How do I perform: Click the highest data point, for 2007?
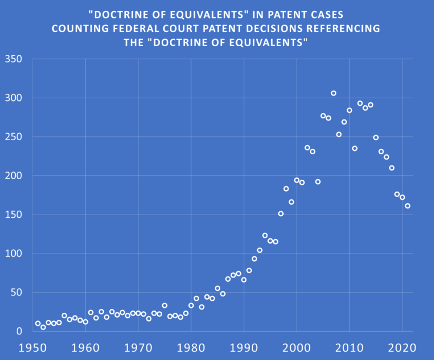tap(334, 93)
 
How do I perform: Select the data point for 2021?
tap(407, 206)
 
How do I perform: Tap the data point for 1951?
tap(38, 324)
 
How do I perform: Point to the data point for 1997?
tap(280, 213)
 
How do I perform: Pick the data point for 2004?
tap(318, 182)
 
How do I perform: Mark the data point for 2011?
tap(355, 148)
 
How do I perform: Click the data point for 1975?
tap(164, 306)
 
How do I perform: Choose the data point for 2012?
tap(360, 103)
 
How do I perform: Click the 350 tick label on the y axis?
tap(12, 59)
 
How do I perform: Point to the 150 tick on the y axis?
tap(12, 214)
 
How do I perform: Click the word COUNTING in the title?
tap(79, 28)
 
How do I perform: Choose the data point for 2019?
tap(397, 194)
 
